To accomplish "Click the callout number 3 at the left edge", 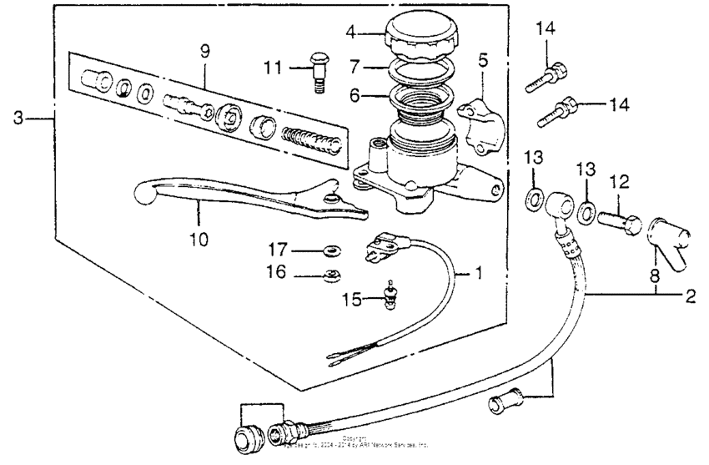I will click(17, 119).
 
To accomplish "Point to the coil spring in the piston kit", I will click(313, 139).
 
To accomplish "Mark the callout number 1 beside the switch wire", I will click(478, 273).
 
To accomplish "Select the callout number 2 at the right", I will click(691, 295).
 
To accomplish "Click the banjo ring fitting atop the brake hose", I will click(556, 203).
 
